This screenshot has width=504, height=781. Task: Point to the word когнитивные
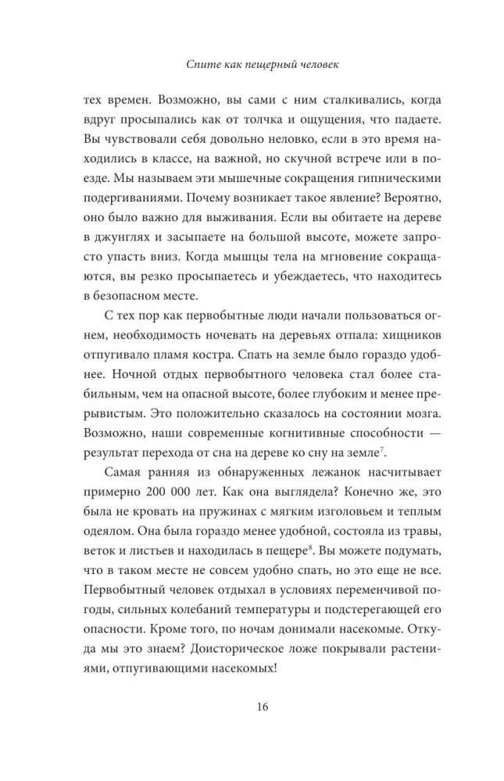pyautogui.click(x=288, y=430)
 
